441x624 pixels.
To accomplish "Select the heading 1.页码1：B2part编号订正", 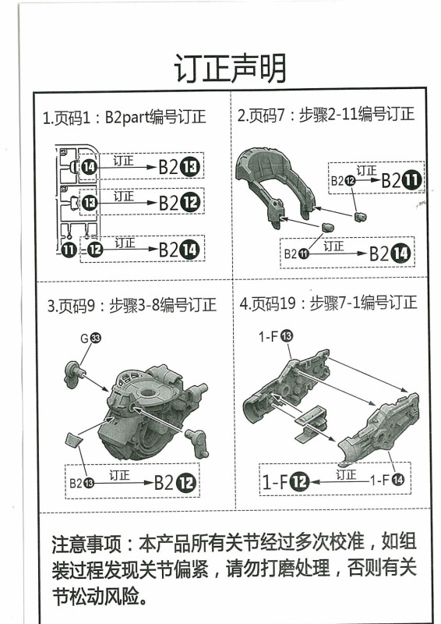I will (125, 118).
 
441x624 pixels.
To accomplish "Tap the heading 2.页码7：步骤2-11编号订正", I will (326, 115).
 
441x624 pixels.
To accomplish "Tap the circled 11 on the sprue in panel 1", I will (69, 250).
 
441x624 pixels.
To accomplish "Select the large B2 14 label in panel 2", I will (390, 253).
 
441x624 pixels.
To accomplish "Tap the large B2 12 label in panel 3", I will (176, 481).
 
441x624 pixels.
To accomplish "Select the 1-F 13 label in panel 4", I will (276, 335).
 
